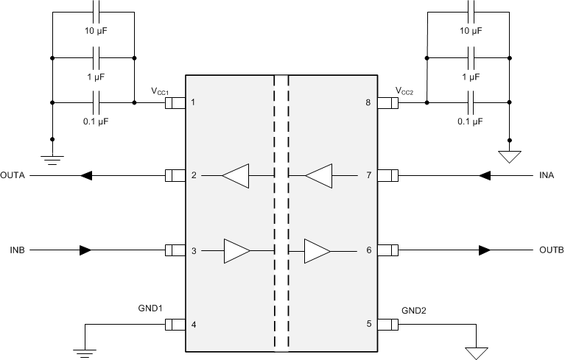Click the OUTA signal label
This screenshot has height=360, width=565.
pos(13,175)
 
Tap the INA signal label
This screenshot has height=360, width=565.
pos(546,175)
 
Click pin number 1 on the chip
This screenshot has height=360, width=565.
pos(193,102)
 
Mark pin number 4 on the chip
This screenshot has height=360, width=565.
pos(193,324)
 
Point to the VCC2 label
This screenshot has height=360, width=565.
pos(406,91)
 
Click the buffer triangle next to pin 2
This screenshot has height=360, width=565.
pos(236,176)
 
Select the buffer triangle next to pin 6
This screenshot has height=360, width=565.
pos(317,250)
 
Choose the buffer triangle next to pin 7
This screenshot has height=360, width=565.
pos(319,176)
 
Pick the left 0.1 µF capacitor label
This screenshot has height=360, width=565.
pos(94,121)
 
